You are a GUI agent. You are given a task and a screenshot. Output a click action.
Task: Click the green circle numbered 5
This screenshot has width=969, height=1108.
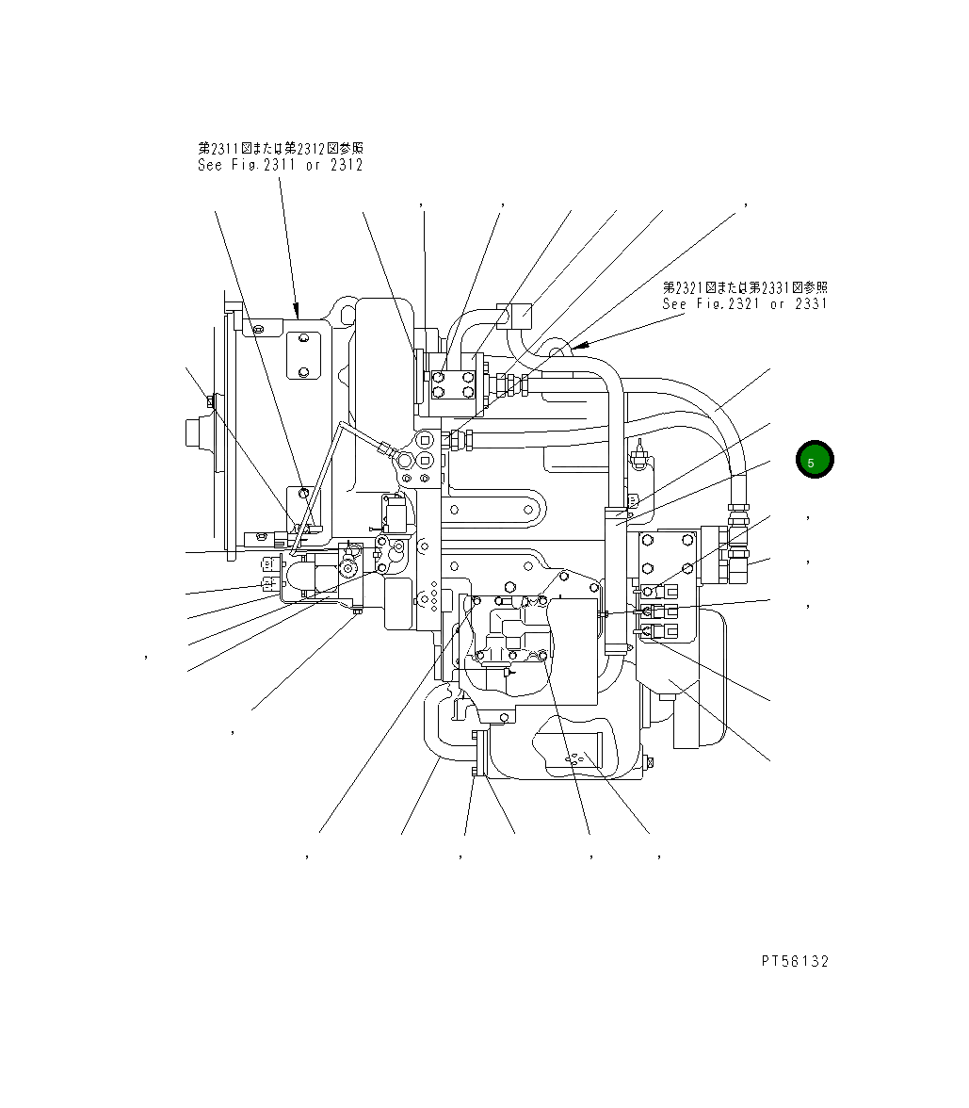815,460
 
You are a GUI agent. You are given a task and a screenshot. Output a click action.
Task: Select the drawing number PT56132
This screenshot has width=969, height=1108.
795,961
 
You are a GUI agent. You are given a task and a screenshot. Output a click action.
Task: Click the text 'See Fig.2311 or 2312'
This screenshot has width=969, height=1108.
280,165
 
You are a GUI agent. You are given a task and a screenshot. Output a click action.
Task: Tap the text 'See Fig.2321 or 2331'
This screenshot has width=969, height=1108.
744,303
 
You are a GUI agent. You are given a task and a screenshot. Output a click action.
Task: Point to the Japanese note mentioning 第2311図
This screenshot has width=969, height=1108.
280,148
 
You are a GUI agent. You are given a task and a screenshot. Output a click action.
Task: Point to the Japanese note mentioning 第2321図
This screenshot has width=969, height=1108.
744,287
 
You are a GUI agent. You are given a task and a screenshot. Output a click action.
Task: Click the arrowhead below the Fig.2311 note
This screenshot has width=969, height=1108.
297,310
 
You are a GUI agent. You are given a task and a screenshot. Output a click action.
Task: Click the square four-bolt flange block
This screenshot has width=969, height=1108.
452,385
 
